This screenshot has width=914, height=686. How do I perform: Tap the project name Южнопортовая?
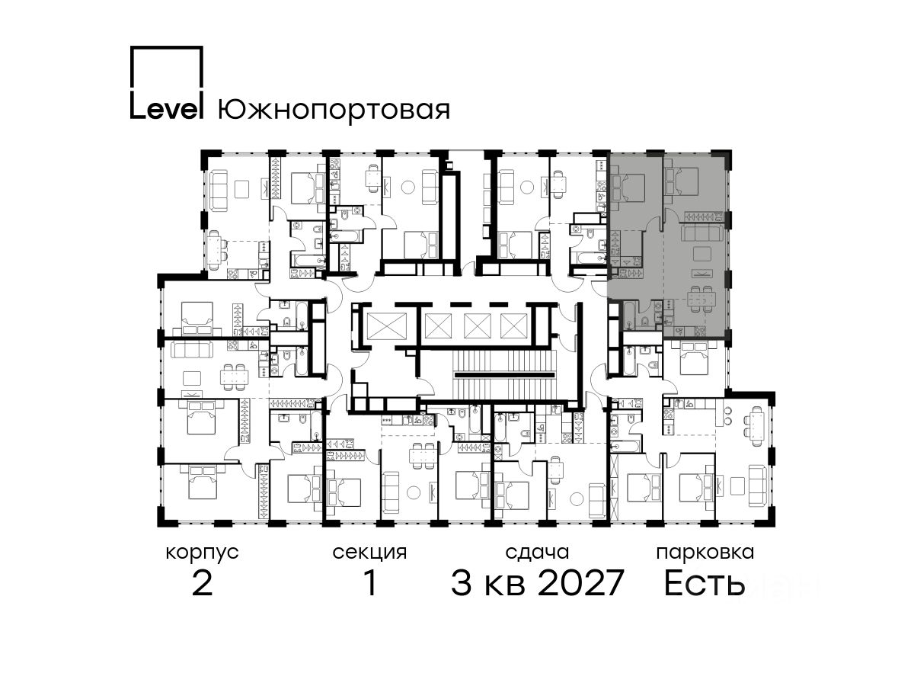(x=334, y=110)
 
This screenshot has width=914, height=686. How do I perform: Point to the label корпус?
(x=202, y=553)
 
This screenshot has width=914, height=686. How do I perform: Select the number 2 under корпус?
(x=203, y=583)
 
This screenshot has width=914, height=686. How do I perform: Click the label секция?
(x=369, y=553)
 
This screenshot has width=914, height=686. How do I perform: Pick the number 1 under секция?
(x=370, y=583)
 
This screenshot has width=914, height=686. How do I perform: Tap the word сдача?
(x=537, y=553)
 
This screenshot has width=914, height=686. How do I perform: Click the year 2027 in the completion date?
(x=580, y=583)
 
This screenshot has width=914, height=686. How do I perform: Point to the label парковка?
(x=705, y=553)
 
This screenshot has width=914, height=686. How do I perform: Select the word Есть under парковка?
(x=704, y=583)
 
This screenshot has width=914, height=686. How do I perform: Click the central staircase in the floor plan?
(x=504, y=375)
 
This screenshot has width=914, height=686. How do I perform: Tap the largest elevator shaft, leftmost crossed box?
(x=386, y=325)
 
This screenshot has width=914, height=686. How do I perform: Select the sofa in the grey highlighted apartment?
(x=701, y=234)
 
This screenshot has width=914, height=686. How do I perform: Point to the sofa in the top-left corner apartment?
(x=216, y=191)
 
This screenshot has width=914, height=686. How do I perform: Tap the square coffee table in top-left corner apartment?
(x=241, y=189)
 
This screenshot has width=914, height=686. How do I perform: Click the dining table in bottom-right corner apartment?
(x=757, y=428)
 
